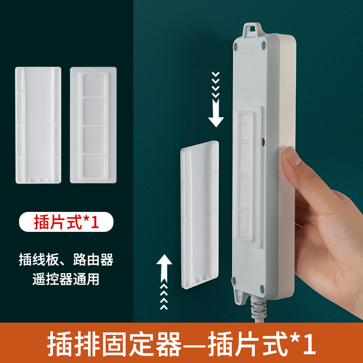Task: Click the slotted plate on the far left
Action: [38, 125]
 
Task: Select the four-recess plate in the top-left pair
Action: [93, 125]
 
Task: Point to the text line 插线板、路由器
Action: [66, 260]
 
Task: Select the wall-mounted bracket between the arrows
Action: [200, 213]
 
